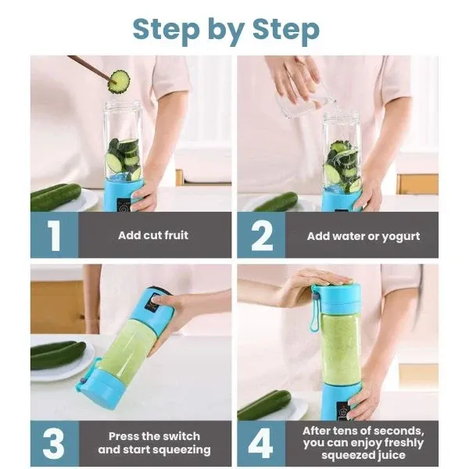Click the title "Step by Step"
(x=225, y=29)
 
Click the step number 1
(x=53, y=235)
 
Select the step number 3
(x=53, y=443)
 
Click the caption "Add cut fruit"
(x=153, y=235)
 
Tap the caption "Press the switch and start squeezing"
(x=154, y=443)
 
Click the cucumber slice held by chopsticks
(x=119, y=79)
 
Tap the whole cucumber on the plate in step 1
(x=56, y=196)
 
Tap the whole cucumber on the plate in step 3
(x=57, y=354)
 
